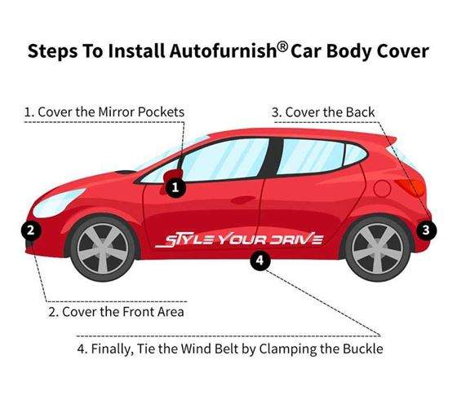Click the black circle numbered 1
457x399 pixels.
(175, 188)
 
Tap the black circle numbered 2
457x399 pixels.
(31, 230)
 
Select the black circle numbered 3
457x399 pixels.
(426, 230)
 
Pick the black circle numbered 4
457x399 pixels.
(260, 260)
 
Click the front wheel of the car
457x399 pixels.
(103, 248)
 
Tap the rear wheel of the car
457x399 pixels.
(377, 248)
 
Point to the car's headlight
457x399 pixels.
(59, 202)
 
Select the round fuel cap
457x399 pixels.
(382, 188)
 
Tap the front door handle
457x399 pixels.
(243, 199)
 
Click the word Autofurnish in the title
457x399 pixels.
(223, 50)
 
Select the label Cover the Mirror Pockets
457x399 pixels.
(111, 112)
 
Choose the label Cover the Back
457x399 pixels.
(330, 112)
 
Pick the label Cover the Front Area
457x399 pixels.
(123, 312)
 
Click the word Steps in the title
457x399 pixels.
(53, 51)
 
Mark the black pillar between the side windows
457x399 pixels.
(273, 157)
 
